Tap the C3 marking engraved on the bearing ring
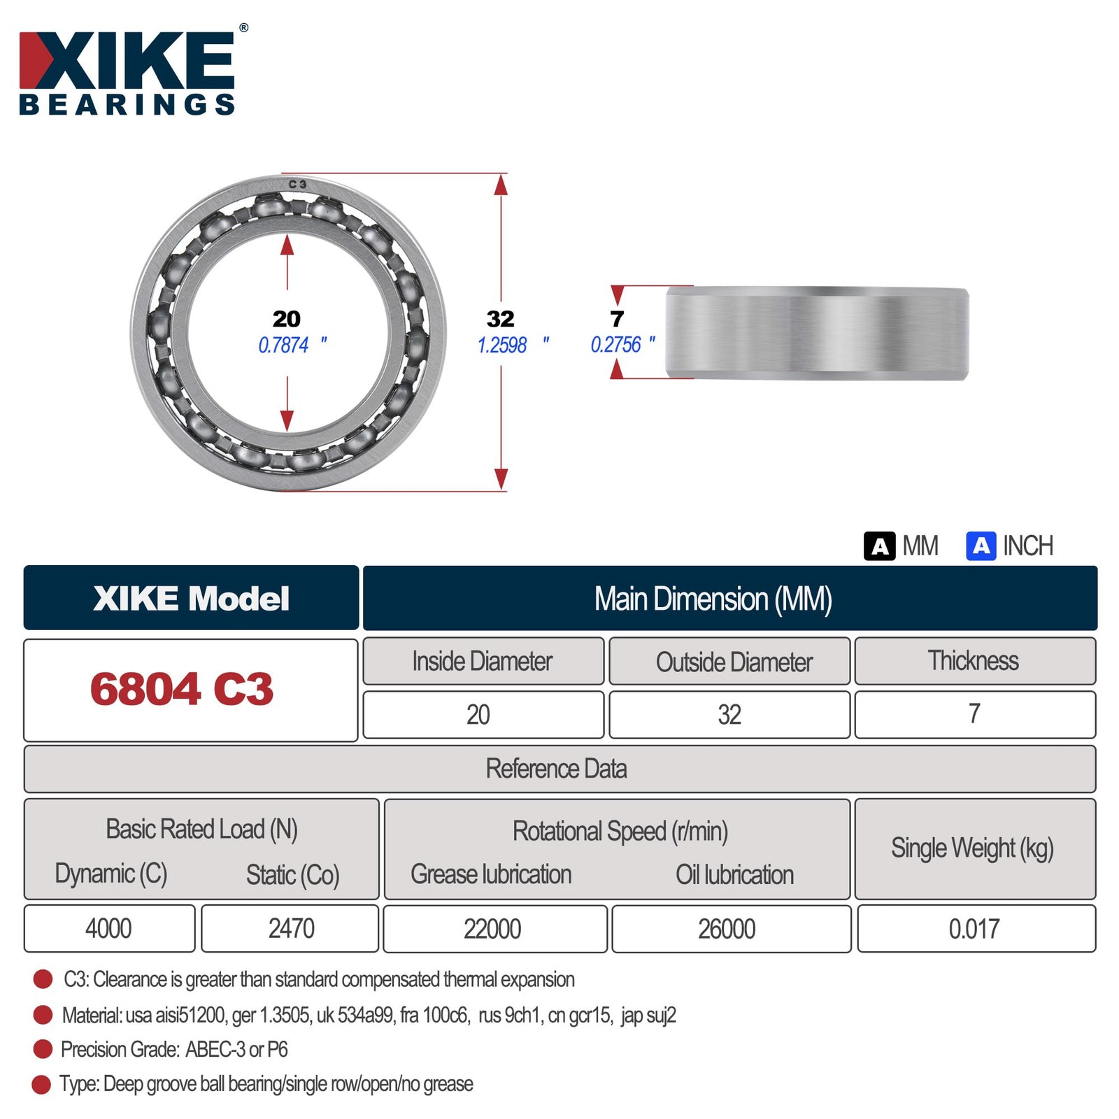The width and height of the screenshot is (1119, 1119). [297, 184]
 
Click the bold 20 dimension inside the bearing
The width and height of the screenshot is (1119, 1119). [287, 319]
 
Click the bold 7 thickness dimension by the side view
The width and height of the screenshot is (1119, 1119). [617, 319]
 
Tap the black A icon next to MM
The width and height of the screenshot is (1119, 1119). [880, 546]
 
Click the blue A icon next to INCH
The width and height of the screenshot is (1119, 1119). [981, 546]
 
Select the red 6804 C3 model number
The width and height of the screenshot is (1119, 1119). [182, 689]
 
